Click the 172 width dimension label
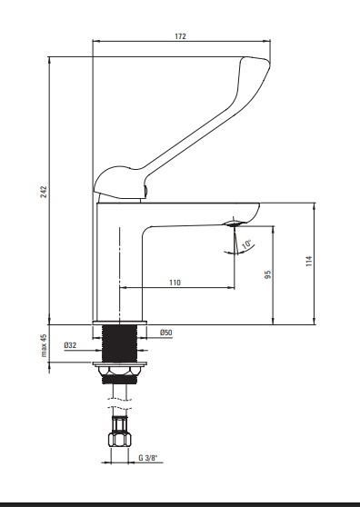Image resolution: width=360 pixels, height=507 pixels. coord(181,36)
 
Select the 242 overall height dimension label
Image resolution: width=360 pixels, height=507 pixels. coord(44,192)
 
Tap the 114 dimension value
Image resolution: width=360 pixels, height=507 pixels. coord(309,261)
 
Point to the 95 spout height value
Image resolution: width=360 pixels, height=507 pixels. coord(267,274)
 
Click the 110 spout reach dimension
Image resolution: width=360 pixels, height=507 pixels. coord(175,283)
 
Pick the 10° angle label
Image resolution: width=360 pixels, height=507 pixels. coord(246,244)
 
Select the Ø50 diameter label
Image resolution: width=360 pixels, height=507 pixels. coord(166,333)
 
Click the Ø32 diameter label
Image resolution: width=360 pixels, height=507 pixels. coord(70,345)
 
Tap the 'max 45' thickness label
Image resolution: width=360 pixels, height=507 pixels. coord(44,345)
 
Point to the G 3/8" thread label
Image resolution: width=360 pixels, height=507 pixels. coord(148,458)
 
